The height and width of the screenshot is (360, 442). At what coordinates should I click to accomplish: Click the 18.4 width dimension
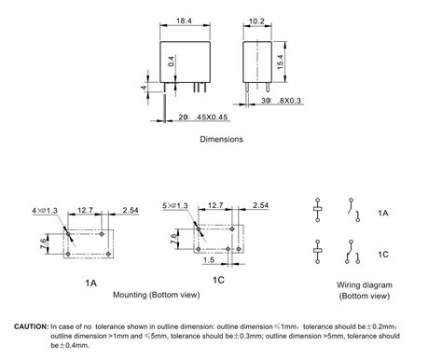tap(185, 21)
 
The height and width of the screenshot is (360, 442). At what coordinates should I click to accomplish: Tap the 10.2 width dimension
tap(256, 21)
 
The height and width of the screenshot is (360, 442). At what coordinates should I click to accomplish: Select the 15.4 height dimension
tap(280, 62)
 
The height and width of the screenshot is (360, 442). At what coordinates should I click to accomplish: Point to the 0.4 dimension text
tap(172, 62)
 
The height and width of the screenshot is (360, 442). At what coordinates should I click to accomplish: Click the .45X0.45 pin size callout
tap(212, 118)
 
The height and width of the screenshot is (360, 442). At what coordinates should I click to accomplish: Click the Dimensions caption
tap(221, 139)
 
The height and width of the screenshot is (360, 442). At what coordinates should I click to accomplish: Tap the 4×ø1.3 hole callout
tap(45, 211)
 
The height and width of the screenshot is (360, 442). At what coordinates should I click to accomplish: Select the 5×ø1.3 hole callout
tap(175, 206)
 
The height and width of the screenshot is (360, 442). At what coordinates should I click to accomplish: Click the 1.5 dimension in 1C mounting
tap(209, 260)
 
